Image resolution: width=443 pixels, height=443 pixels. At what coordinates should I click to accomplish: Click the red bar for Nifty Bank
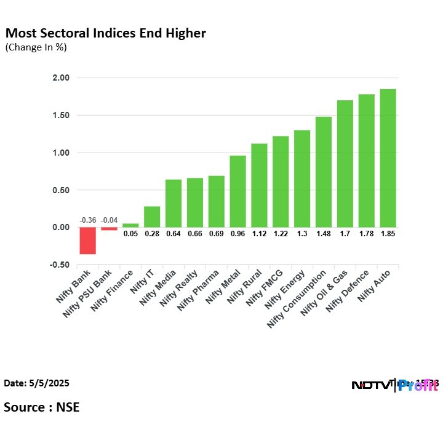87,241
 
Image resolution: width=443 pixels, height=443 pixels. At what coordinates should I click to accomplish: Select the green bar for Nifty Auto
388,158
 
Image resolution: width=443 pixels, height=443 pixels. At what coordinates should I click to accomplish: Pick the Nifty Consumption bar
323,172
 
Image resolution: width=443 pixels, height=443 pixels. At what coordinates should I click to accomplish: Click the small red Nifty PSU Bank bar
109,229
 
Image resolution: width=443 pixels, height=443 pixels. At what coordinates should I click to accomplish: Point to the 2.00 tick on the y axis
61,78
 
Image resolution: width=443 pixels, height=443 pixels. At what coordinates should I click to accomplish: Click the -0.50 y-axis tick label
60,265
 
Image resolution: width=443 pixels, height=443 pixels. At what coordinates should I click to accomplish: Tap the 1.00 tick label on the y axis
61,153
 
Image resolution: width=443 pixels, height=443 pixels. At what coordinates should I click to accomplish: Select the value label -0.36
87,220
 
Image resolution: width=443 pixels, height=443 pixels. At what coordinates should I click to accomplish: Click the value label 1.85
388,234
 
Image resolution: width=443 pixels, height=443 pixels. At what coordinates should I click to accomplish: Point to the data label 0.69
216,234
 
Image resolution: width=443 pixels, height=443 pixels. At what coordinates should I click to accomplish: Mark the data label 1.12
259,234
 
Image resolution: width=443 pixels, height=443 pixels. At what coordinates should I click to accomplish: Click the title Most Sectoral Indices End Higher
105,33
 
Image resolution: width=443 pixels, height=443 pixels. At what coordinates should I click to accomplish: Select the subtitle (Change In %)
36,47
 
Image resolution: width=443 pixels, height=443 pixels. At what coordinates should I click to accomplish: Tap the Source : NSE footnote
41,407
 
